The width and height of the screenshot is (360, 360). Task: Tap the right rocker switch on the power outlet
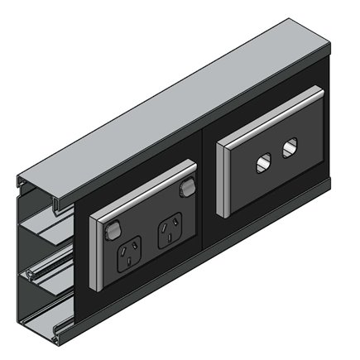pyautogui.click(x=186, y=189)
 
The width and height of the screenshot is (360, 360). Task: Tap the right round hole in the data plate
pyautogui.click(x=289, y=150)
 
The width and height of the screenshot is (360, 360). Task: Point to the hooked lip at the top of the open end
pyautogui.click(x=25, y=180)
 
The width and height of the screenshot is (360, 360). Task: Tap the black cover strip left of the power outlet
pyautogui.click(x=80, y=273)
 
